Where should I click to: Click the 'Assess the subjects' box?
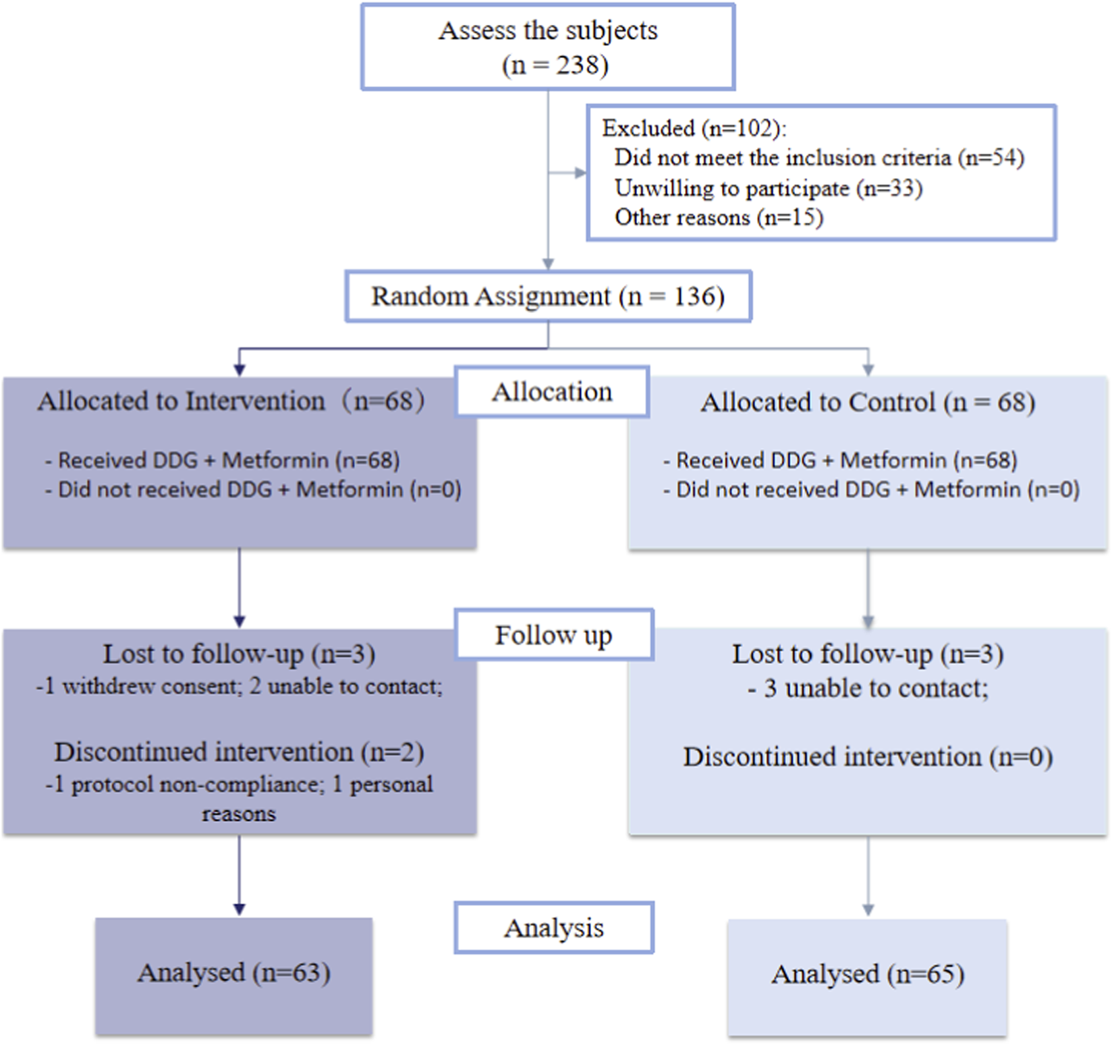point(548,47)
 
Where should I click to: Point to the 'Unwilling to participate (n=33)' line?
point(768,188)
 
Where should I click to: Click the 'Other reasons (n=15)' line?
point(719,218)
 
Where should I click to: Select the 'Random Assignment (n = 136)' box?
point(548,296)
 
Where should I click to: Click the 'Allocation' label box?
point(552,392)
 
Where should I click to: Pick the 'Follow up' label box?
point(554,635)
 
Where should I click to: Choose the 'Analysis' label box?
point(554,928)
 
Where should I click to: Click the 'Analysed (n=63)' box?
point(233,973)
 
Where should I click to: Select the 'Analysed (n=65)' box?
point(868,975)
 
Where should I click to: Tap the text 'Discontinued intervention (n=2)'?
point(239,752)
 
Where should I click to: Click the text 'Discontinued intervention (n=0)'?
point(868,757)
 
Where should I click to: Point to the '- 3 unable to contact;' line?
point(868,689)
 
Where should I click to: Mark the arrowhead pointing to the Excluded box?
point(580,173)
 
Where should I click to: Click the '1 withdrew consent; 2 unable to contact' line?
point(239,687)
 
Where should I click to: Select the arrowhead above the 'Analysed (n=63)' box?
point(239,909)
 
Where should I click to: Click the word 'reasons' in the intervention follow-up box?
point(239,814)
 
